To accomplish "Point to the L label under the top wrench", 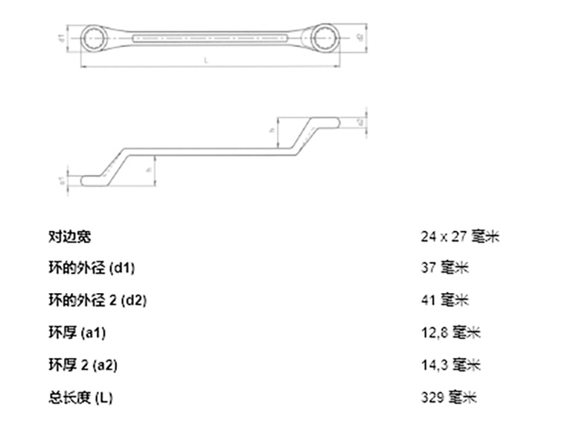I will coord(205,60).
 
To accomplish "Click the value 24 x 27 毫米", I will coord(458,236).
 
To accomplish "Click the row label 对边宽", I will coord(69,236).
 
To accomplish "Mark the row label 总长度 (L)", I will coord(80,397).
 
